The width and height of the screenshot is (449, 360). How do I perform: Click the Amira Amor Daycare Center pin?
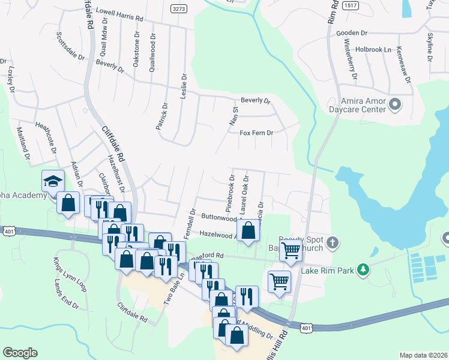395,106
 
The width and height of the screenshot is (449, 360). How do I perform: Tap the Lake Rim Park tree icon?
363,270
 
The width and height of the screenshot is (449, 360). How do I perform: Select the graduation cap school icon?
53,181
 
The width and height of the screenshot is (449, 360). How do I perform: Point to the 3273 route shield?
177,10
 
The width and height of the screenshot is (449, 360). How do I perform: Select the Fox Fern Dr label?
256,133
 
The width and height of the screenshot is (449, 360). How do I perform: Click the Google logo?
20,353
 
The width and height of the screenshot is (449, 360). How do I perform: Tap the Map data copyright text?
423,355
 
